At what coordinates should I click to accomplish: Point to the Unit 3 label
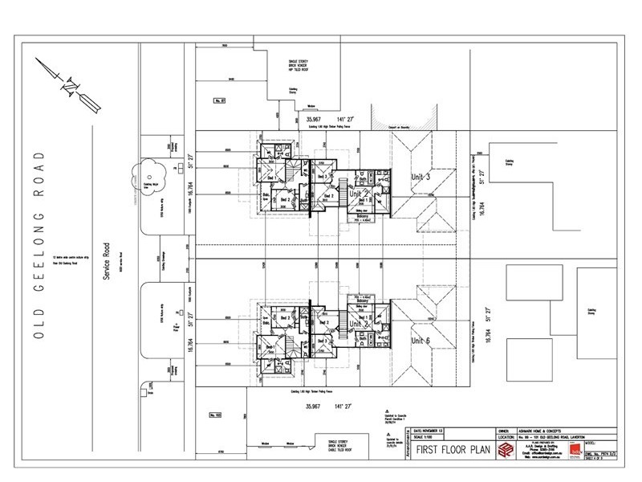point(421,177)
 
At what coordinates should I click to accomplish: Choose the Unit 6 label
point(421,340)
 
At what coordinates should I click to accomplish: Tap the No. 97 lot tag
point(221,100)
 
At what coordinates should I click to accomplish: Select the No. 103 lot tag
point(215,415)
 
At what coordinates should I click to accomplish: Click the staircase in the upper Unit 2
point(346,192)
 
